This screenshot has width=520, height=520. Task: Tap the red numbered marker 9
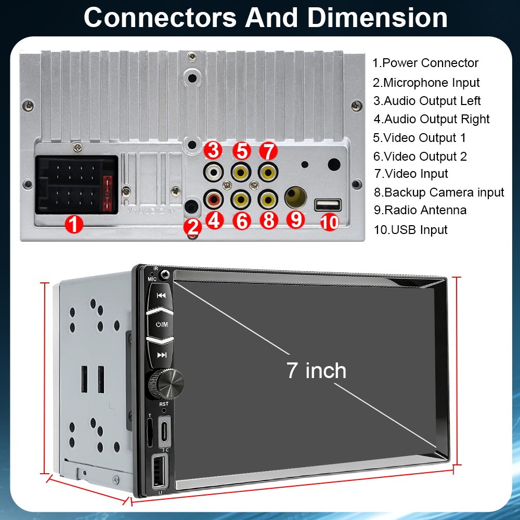coord(295,219)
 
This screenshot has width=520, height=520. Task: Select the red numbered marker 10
coord(329,223)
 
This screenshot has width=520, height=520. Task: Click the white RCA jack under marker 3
coord(213,172)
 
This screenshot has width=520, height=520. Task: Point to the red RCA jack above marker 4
coord(214,199)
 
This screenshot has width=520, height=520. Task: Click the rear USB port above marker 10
coord(328,204)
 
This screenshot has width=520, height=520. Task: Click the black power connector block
coord(77,185)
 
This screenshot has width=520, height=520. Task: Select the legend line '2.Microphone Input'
coord(426,83)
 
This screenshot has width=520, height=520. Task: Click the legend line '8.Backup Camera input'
coord(439,192)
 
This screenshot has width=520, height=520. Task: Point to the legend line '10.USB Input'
coord(411,229)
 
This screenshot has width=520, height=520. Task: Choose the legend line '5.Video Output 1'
coord(420,138)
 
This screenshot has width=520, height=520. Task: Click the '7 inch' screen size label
coord(316,370)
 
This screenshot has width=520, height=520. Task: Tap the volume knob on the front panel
coord(166,385)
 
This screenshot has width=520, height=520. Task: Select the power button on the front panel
coord(162,324)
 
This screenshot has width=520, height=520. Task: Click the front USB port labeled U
coord(160,471)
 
